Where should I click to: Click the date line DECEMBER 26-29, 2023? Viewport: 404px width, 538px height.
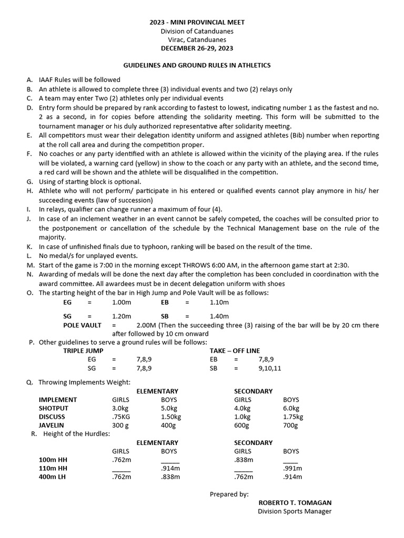(197, 48)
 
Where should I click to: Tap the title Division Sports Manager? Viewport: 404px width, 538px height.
(294, 511)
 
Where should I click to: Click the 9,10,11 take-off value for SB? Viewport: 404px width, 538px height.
(269, 368)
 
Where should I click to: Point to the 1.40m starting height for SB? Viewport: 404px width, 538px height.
(219, 316)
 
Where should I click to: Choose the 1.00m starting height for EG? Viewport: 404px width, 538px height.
(122, 303)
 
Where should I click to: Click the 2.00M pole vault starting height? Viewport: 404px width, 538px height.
(147, 325)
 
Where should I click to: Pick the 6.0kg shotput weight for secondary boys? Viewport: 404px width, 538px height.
(291, 408)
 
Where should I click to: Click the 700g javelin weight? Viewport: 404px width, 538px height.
(290, 425)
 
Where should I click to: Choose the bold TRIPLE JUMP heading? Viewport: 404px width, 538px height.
(83, 350)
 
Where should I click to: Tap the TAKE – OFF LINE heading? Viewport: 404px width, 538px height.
(235, 350)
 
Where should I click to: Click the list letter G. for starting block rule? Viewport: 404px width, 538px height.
(29, 181)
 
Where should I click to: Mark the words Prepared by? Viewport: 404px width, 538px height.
(229, 494)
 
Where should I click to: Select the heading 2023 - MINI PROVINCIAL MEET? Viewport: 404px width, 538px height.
(197, 23)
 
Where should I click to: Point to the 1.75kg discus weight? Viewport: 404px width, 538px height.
(293, 417)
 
